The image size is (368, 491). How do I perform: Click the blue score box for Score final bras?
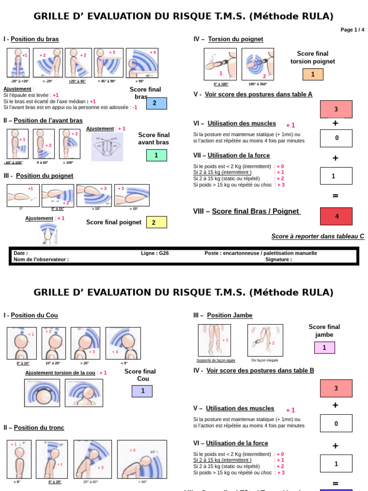tap(156, 103)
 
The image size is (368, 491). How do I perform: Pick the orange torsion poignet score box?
tap(313, 74)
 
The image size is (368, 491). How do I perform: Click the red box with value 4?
tap(336, 216)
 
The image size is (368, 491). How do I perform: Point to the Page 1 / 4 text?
tap(352, 30)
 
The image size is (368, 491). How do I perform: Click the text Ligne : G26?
tap(155, 253)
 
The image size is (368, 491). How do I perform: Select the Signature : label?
tap(278, 259)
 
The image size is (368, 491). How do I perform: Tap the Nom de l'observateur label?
tap(41, 259)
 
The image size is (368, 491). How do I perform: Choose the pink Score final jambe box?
tap(324, 348)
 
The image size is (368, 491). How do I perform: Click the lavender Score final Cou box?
tap(142, 391)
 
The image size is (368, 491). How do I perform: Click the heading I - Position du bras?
tap(31, 39)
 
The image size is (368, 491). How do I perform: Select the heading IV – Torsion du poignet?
tap(228, 39)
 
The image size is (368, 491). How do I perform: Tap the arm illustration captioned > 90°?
tap(142, 63)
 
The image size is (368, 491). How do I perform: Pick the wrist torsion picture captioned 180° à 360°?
tap(258, 64)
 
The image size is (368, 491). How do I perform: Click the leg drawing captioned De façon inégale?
tap(265, 340)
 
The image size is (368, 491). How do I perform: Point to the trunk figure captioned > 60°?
tap(142, 459)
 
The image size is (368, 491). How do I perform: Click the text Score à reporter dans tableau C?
tap(318, 236)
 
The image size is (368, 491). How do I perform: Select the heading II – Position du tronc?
tap(34, 428)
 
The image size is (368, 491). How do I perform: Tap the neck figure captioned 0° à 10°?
tap(22, 343)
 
